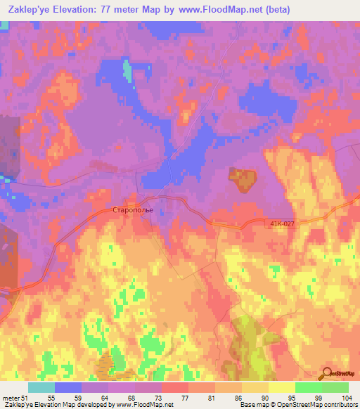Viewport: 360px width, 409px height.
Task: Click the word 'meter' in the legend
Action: [x=9, y=398]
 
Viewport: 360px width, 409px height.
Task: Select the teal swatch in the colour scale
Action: [x=41, y=387]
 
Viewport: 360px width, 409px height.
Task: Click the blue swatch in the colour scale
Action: [x=68, y=387]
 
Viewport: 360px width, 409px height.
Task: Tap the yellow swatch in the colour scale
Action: [x=281, y=387]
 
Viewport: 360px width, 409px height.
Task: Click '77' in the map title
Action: [x=115, y=9]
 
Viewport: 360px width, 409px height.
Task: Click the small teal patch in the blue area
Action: [x=127, y=70]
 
